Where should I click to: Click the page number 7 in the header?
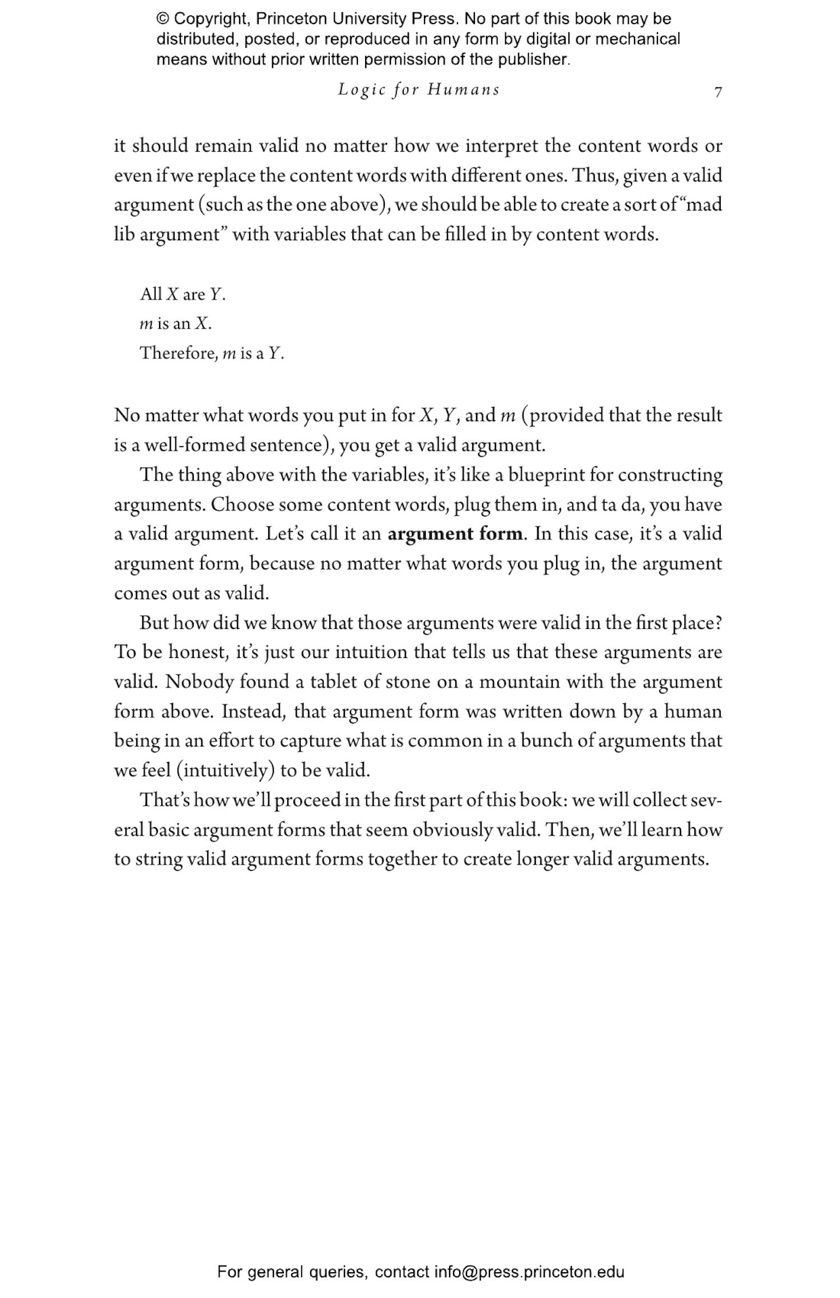(x=718, y=92)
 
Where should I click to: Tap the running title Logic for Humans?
(x=418, y=90)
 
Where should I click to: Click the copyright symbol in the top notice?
(x=162, y=19)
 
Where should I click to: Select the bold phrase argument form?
(x=456, y=534)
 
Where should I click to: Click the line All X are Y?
(x=183, y=294)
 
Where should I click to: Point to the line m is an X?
(x=175, y=324)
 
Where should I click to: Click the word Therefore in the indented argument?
(x=178, y=353)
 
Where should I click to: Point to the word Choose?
(x=242, y=505)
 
